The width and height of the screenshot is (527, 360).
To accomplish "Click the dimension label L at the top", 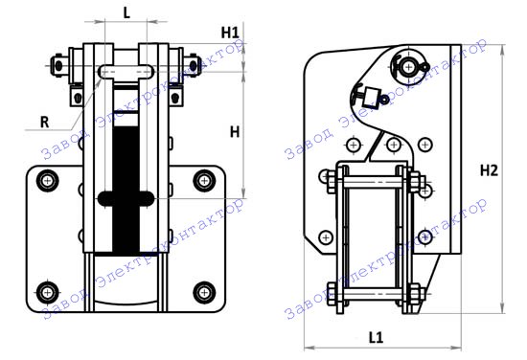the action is click(126, 13).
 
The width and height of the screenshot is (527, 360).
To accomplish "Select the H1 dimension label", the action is click(230, 33).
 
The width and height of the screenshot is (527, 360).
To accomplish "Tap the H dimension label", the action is click(235, 132).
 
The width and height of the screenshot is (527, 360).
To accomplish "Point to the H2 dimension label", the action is click(489, 171).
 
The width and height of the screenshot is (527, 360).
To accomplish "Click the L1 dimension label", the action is click(377, 337).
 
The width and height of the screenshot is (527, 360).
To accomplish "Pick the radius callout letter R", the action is click(44, 123).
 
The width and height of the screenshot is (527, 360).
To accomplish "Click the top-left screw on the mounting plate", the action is click(48, 181).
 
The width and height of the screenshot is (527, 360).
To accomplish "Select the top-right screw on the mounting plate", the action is click(204, 181).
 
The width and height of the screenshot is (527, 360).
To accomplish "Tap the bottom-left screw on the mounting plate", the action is click(48, 292).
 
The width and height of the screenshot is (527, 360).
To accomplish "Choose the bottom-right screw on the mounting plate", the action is click(204, 292).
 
